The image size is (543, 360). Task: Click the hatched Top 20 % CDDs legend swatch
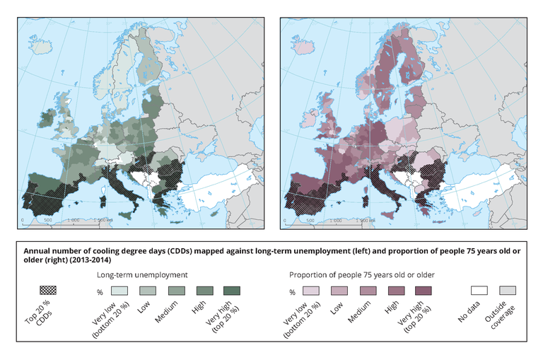pos(47,290)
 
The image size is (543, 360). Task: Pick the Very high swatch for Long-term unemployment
pos(230,290)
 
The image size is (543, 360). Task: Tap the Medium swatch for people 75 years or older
pos(367,290)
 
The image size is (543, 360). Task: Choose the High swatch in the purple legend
pos(395,290)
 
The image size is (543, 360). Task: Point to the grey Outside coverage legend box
pos(508,290)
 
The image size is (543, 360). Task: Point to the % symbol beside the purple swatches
pos(292,291)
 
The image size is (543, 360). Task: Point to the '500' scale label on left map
pos(49,220)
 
